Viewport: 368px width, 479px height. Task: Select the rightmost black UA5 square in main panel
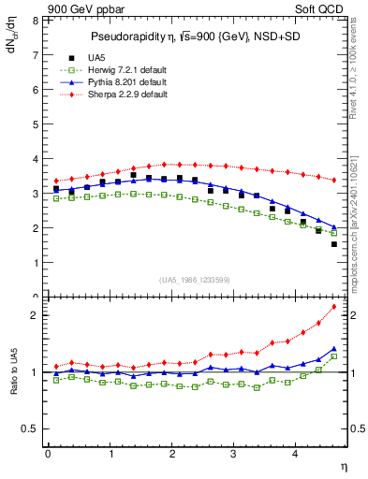(334, 244)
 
